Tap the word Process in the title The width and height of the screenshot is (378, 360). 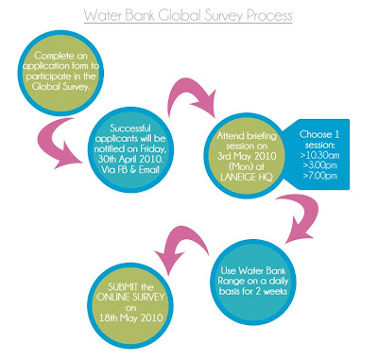[x=269, y=15]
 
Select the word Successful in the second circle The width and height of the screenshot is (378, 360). [x=130, y=129]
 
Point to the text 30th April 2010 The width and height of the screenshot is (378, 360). [x=130, y=159]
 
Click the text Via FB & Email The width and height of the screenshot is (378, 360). [x=130, y=169]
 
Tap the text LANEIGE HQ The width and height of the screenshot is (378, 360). [x=247, y=177]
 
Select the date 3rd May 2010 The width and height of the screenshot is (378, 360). [x=247, y=156]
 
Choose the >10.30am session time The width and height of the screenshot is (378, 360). [x=320, y=155]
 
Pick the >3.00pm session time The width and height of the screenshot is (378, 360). [x=320, y=165]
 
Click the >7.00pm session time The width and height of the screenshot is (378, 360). [x=320, y=176]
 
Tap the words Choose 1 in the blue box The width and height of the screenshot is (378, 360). [x=319, y=134]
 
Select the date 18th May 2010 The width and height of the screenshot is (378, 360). [x=130, y=317]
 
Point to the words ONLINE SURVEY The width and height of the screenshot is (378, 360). [x=130, y=297]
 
